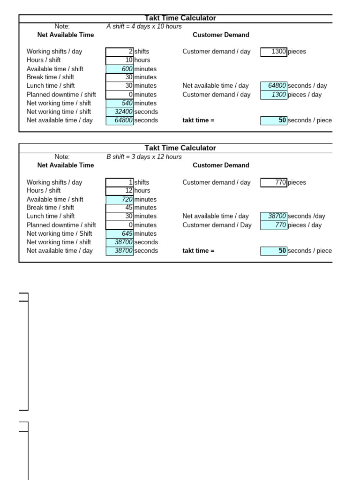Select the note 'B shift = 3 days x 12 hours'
[144, 157]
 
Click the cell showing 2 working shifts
[120, 52]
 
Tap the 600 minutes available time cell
[120, 69]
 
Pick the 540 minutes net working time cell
[120, 103]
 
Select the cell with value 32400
[120, 112]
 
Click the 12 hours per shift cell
[120, 190]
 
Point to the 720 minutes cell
[120, 199]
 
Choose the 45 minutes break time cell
[120, 208]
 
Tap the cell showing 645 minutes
[120, 233]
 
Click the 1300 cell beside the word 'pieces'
[274, 52]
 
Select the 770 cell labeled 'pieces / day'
[274, 225]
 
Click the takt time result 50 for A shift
[274, 120]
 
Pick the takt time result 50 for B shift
[274, 251]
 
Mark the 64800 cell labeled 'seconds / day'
[274, 86]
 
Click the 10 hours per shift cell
[120, 60]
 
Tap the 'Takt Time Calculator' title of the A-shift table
[180, 18]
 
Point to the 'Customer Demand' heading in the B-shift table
[221, 165]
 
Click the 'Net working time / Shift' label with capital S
[60, 233]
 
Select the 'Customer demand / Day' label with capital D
[217, 225]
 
